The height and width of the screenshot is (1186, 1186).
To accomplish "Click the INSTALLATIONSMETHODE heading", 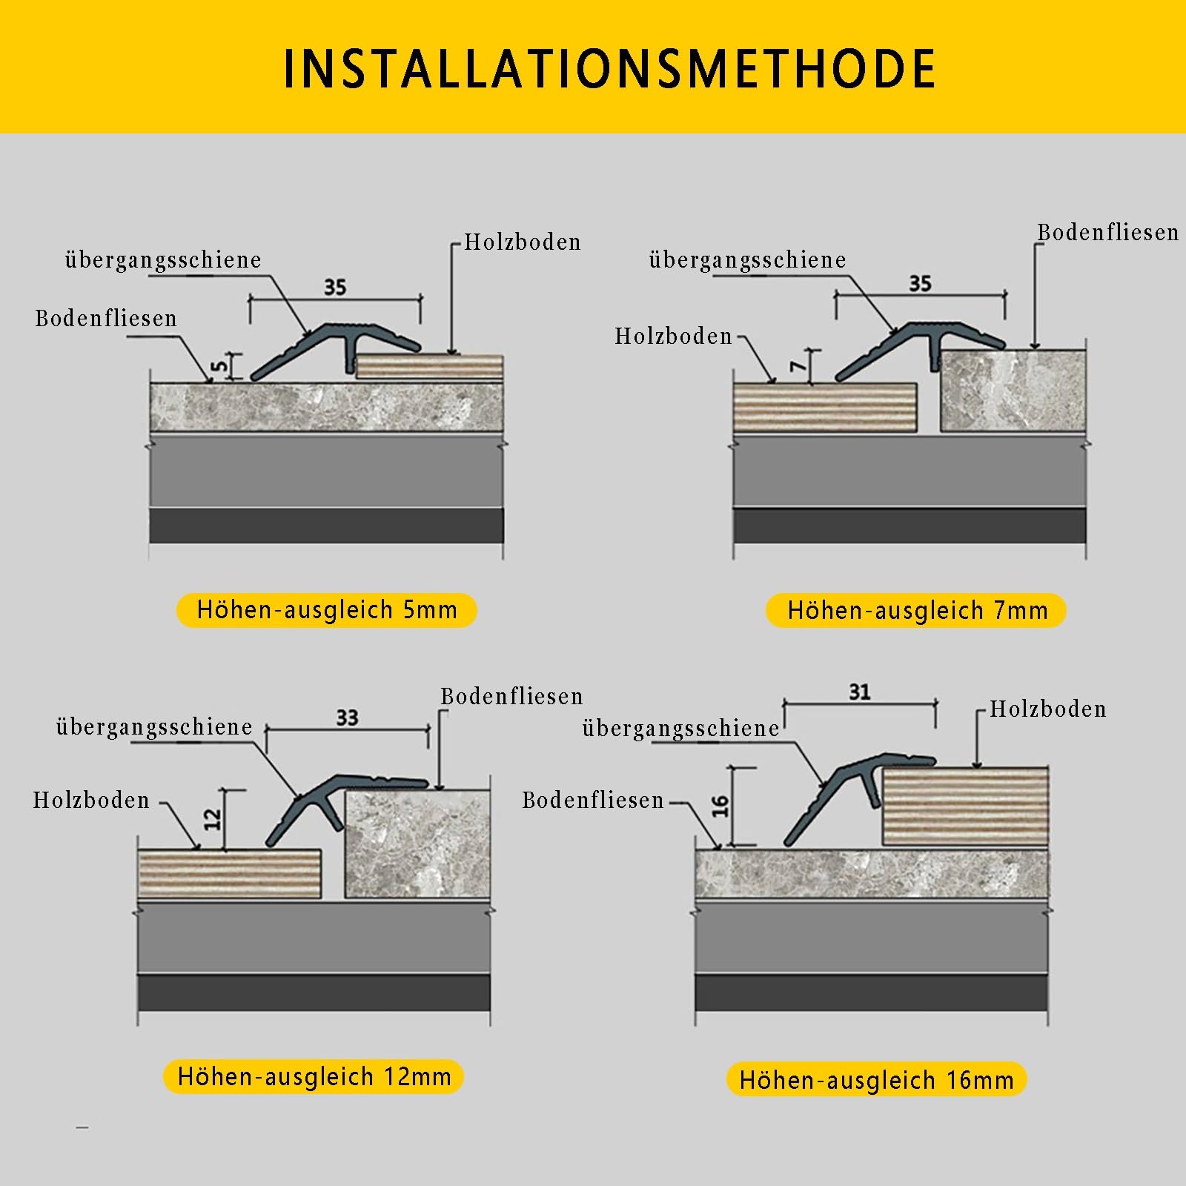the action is (x=609, y=69).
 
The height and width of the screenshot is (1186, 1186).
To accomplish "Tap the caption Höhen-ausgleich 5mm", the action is (x=327, y=610).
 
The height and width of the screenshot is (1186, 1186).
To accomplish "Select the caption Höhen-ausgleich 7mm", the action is (x=917, y=611).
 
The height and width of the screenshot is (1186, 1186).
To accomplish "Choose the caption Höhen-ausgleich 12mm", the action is (x=314, y=1076).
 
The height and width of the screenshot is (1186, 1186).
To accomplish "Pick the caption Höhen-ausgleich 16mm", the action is (x=876, y=1080).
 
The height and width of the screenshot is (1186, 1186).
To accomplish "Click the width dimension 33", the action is (x=347, y=718).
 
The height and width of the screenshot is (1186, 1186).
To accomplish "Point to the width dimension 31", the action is (x=859, y=692).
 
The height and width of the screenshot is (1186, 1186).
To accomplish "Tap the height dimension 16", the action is (x=720, y=806).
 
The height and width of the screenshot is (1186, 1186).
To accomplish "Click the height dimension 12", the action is (x=213, y=818).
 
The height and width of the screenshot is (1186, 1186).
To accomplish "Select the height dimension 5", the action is (x=219, y=365).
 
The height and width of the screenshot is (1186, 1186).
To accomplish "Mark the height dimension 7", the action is (x=797, y=365).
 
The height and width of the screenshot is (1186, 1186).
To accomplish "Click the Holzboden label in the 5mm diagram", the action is (x=523, y=242).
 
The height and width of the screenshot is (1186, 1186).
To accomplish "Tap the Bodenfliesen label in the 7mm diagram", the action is (x=1107, y=232).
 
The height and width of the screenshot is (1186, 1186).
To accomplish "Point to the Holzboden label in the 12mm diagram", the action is (x=91, y=800).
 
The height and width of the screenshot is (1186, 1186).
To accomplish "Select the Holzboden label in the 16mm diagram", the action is (x=1048, y=709).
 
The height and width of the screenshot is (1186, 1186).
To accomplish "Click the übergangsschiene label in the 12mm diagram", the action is (x=154, y=726).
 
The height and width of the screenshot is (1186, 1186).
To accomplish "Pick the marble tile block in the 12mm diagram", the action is (x=418, y=844).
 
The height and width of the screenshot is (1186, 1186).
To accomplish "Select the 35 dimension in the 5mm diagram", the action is (x=335, y=287).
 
